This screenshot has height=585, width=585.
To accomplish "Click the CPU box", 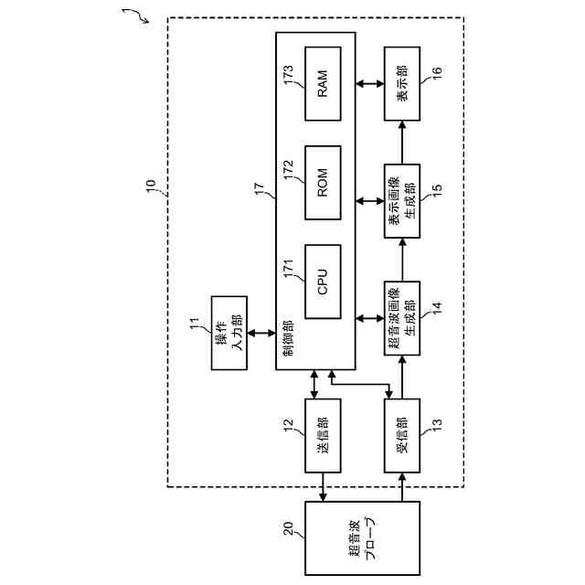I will pyautogui.click(x=322, y=282).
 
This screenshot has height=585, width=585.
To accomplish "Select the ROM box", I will pyautogui.click(x=322, y=183).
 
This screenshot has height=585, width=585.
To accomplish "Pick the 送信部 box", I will pyautogui.click(x=323, y=435).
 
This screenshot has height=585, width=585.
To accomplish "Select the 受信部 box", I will pyautogui.click(x=402, y=435).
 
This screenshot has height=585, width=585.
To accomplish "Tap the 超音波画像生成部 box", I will pyautogui.click(x=402, y=314).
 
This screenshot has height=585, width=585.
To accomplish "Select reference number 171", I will pyautogui.click(x=288, y=269).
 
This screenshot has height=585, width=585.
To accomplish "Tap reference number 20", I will pyautogui.click(x=288, y=527).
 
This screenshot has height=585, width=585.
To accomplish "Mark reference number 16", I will pyautogui.click(x=437, y=72).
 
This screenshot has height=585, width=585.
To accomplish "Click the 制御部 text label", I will pyautogui.click(x=289, y=346).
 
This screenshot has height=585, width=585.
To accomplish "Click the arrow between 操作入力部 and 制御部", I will pyautogui.click(x=261, y=334).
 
